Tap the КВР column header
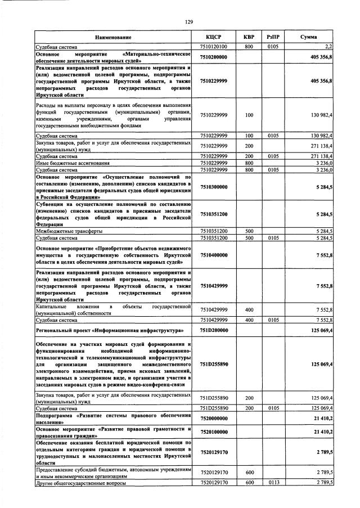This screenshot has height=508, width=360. (249, 37)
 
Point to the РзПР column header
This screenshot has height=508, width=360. (273, 37)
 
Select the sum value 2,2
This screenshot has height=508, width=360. (328, 47)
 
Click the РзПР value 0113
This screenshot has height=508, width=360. (273, 483)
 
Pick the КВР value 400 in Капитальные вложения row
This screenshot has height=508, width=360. (249, 309)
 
